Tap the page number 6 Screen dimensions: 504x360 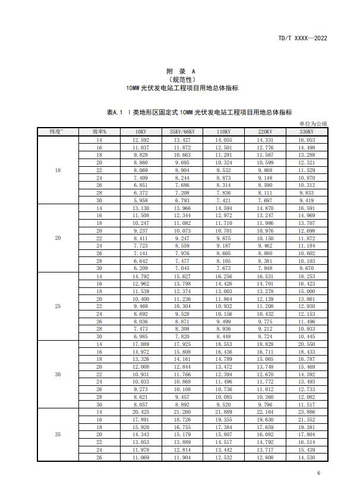[x=318, y=473]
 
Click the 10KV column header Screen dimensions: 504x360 [x=141, y=131]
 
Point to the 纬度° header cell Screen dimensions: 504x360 [x=58, y=131]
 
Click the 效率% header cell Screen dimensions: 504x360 [x=99, y=131]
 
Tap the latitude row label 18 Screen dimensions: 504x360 [x=58, y=170]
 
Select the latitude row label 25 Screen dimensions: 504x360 [x=58, y=306]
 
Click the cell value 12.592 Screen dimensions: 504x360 [x=141, y=140]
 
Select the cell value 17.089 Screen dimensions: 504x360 [x=141, y=344]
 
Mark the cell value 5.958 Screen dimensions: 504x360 [x=141, y=201]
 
